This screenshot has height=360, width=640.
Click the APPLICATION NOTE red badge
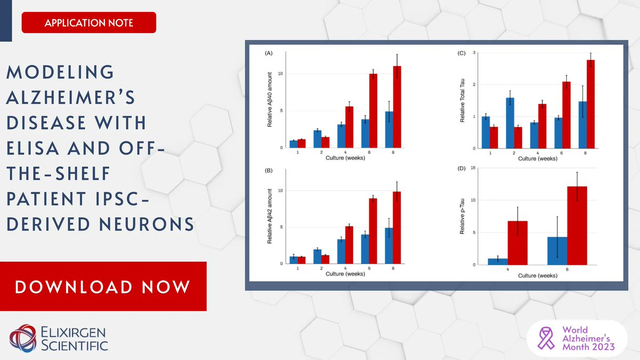pos(89,23)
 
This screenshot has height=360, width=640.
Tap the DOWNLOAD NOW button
pos(102,286)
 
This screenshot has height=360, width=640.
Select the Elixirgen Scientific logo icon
pos(22,338)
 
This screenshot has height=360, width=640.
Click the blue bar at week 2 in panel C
pos(510,123)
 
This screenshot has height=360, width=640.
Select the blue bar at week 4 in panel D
pos(497,261)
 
